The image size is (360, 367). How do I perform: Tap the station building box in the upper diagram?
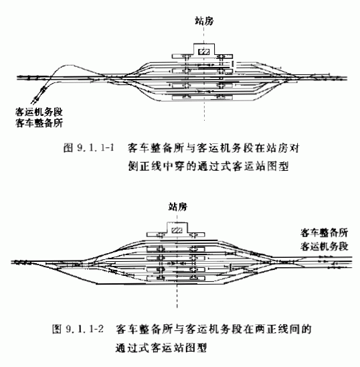[x=203, y=52]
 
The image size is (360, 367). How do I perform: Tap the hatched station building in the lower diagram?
[x=177, y=230]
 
